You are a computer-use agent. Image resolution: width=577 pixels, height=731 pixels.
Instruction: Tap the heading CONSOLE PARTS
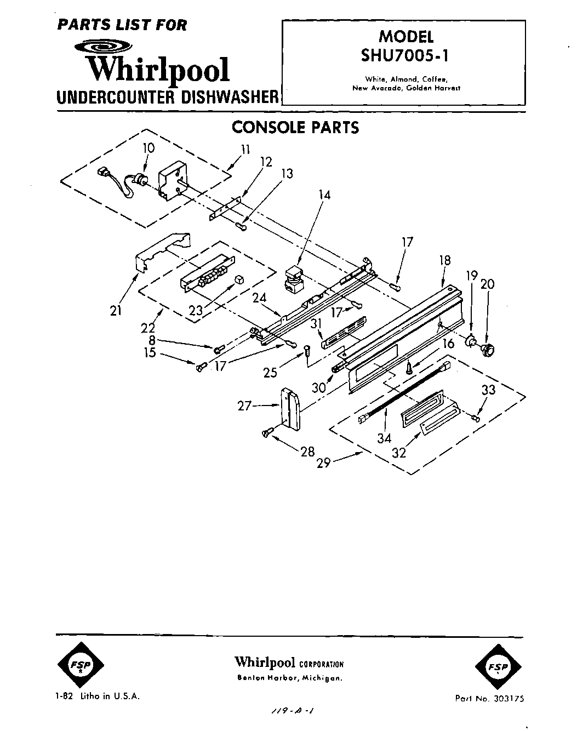point(295,127)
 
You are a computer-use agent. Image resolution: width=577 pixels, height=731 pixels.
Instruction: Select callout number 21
point(115,311)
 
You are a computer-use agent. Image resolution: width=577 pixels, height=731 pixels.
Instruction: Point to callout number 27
point(244,406)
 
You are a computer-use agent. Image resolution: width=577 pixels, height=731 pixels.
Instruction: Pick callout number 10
point(148,148)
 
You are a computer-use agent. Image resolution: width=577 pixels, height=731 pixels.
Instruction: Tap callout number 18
point(445,260)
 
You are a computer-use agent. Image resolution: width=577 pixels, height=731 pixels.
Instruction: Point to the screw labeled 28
point(267,433)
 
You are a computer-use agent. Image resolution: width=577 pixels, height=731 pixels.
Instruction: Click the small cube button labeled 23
point(239,281)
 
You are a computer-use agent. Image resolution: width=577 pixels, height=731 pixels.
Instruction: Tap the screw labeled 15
point(201,367)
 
